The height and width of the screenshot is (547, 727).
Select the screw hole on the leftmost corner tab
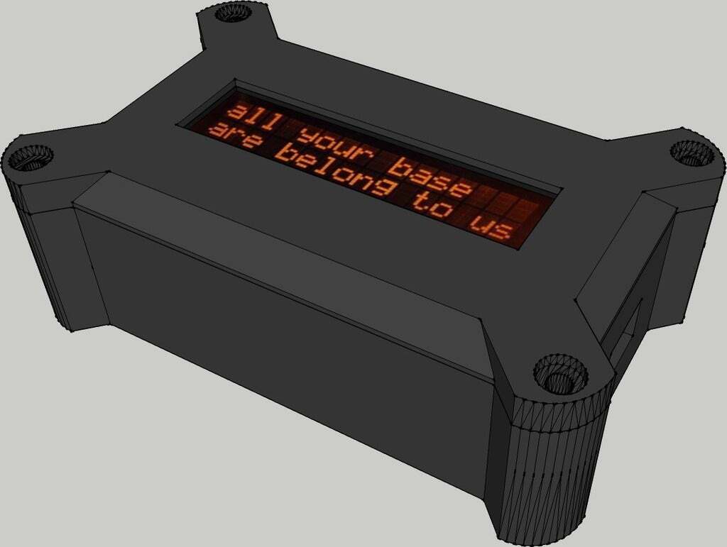[x=31, y=158]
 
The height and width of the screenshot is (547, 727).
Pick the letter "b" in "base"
[x=403, y=167]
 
